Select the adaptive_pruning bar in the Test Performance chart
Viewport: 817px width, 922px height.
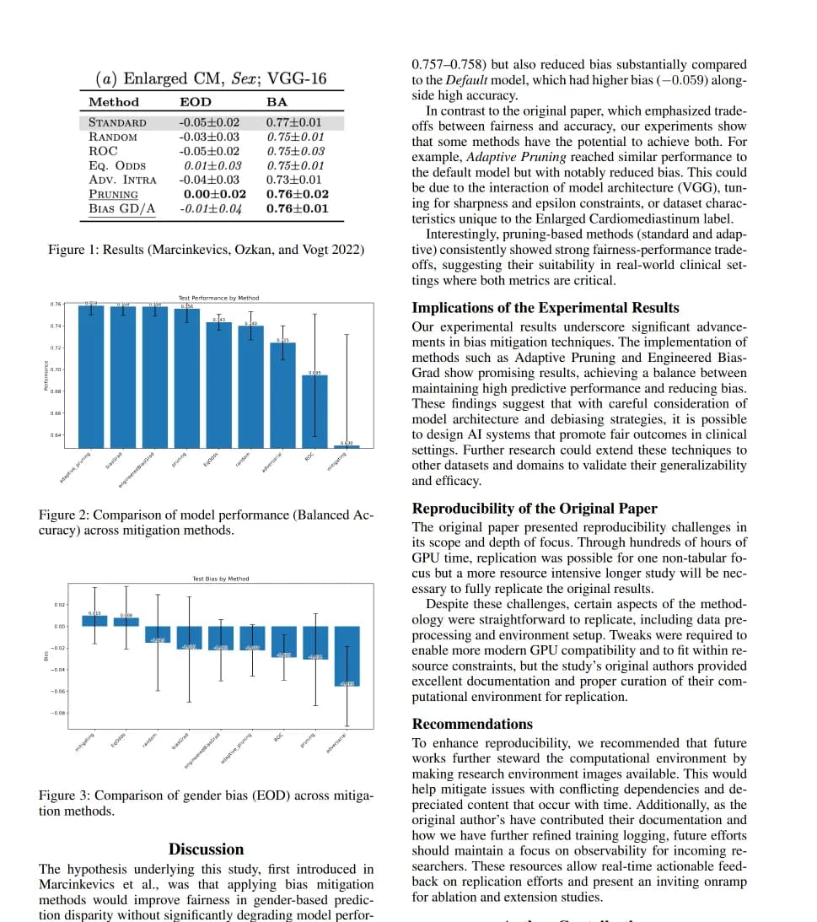pyautogui.click(x=90, y=376)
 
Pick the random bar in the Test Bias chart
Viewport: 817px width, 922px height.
pyautogui.click(x=158, y=634)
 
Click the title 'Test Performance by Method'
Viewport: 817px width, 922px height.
pyautogui.click(x=218, y=298)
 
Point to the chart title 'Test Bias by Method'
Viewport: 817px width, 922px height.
pyautogui.click(x=221, y=579)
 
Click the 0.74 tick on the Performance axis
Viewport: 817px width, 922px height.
pyautogui.click(x=55, y=326)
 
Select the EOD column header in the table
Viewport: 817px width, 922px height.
pyautogui.click(x=196, y=102)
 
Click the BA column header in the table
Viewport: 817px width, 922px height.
pyautogui.click(x=277, y=102)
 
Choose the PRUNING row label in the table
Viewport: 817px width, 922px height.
pyautogui.click(x=113, y=194)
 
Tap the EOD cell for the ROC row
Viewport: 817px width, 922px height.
pyautogui.click(x=208, y=151)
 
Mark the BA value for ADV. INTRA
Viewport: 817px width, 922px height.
pyautogui.click(x=293, y=180)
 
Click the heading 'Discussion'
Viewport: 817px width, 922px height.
pyautogui.click(x=206, y=849)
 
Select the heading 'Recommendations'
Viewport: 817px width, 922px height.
pyautogui.click(x=472, y=724)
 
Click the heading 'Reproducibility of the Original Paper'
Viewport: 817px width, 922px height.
pyautogui.click(x=535, y=509)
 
